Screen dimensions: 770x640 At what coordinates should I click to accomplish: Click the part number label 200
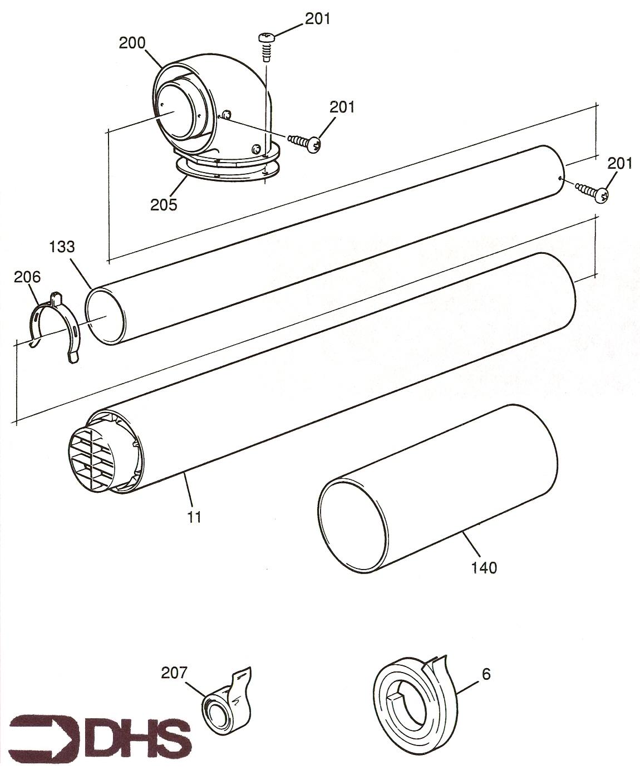click(x=132, y=43)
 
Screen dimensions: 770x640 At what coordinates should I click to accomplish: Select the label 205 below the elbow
click(x=164, y=204)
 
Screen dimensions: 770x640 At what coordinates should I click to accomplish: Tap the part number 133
click(x=62, y=247)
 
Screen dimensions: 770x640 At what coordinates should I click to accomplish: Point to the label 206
click(x=27, y=276)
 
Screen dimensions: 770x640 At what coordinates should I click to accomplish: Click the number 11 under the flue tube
click(x=194, y=517)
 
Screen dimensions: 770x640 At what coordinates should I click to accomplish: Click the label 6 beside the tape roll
click(x=486, y=674)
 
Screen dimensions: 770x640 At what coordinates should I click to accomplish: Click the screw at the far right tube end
click(x=592, y=192)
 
